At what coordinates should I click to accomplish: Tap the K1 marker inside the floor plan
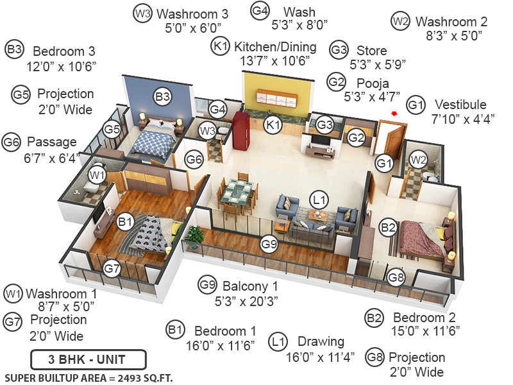(x=274, y=125)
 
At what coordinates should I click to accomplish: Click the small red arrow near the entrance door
(x=395, y=114)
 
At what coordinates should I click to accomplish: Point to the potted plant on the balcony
(x=193, y=237)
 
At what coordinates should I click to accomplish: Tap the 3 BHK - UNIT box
(x=88, y=358)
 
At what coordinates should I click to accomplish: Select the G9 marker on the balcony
(x=270, y=244)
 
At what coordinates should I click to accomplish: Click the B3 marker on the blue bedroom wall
(x=163, y=98)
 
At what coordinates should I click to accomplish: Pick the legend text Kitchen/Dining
(x=274, y=46)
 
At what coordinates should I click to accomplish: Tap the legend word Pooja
(x=373, y=83)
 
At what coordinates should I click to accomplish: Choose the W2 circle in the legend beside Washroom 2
(x=400, y=21)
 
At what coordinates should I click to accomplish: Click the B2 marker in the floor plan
(x=388, y=227)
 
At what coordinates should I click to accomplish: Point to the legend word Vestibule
(x=460, y=105)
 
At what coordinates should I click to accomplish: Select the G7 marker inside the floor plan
(x=112, y=268)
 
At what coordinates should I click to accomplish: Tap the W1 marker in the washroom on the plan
(x=97, y=174)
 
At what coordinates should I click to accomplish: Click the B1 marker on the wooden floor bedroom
(x=126, y=222)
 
